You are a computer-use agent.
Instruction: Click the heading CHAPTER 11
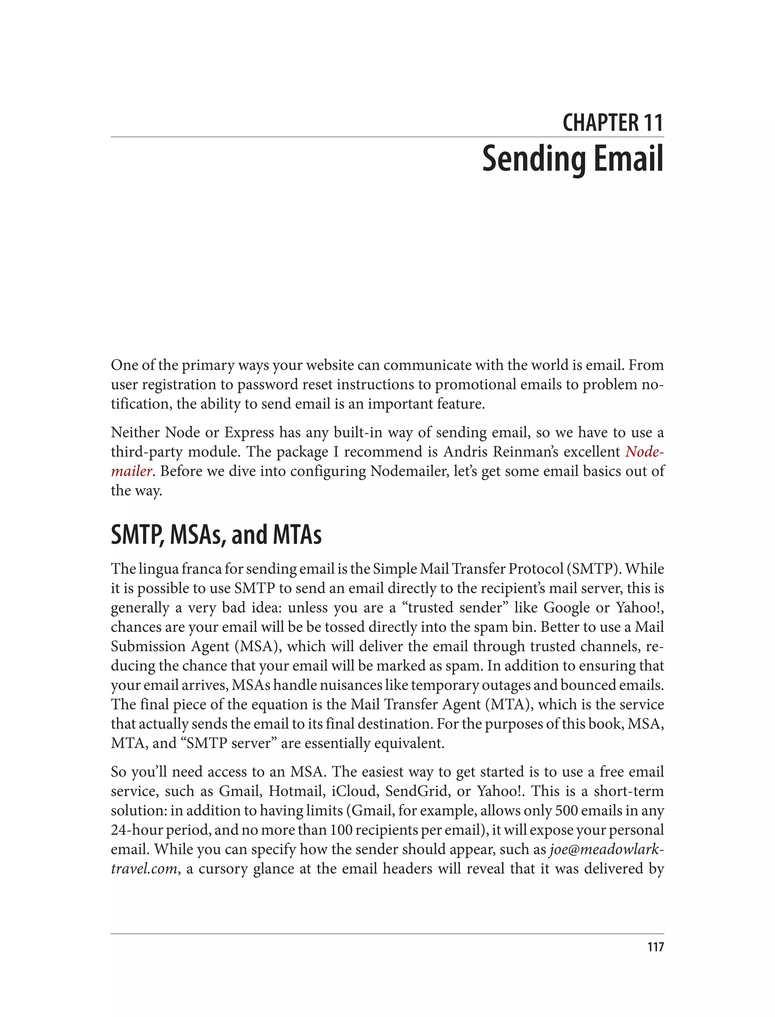(612, 123)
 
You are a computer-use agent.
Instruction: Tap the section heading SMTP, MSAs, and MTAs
(216, 535)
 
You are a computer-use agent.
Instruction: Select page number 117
(655, 947)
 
